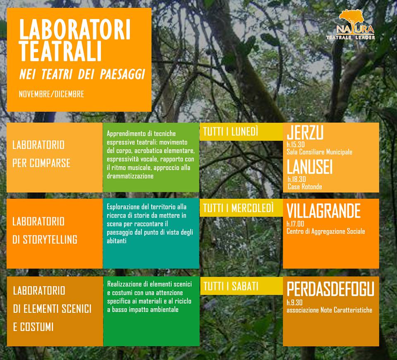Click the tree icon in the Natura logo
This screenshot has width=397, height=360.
352,19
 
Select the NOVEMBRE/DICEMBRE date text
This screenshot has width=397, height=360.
51,94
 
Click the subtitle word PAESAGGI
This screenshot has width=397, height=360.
122,74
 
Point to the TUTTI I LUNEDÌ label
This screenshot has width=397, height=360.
231,132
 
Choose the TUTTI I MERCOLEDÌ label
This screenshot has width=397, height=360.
238,208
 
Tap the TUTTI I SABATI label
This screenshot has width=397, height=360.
231,286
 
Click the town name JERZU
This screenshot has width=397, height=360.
305,133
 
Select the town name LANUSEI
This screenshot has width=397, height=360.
310,167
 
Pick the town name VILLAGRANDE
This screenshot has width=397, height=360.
323,211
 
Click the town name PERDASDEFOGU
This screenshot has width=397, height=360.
330,289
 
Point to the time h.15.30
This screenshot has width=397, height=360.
295,145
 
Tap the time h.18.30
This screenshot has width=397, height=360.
297,179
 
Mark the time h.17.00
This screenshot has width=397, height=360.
295,224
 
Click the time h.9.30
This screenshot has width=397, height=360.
294,302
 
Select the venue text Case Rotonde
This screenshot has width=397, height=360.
305,187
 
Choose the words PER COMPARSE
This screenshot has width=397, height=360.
41,163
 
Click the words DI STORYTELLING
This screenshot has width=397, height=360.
45,240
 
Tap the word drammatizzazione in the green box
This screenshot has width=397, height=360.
130,176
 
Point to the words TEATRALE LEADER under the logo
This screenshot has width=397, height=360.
351,38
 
